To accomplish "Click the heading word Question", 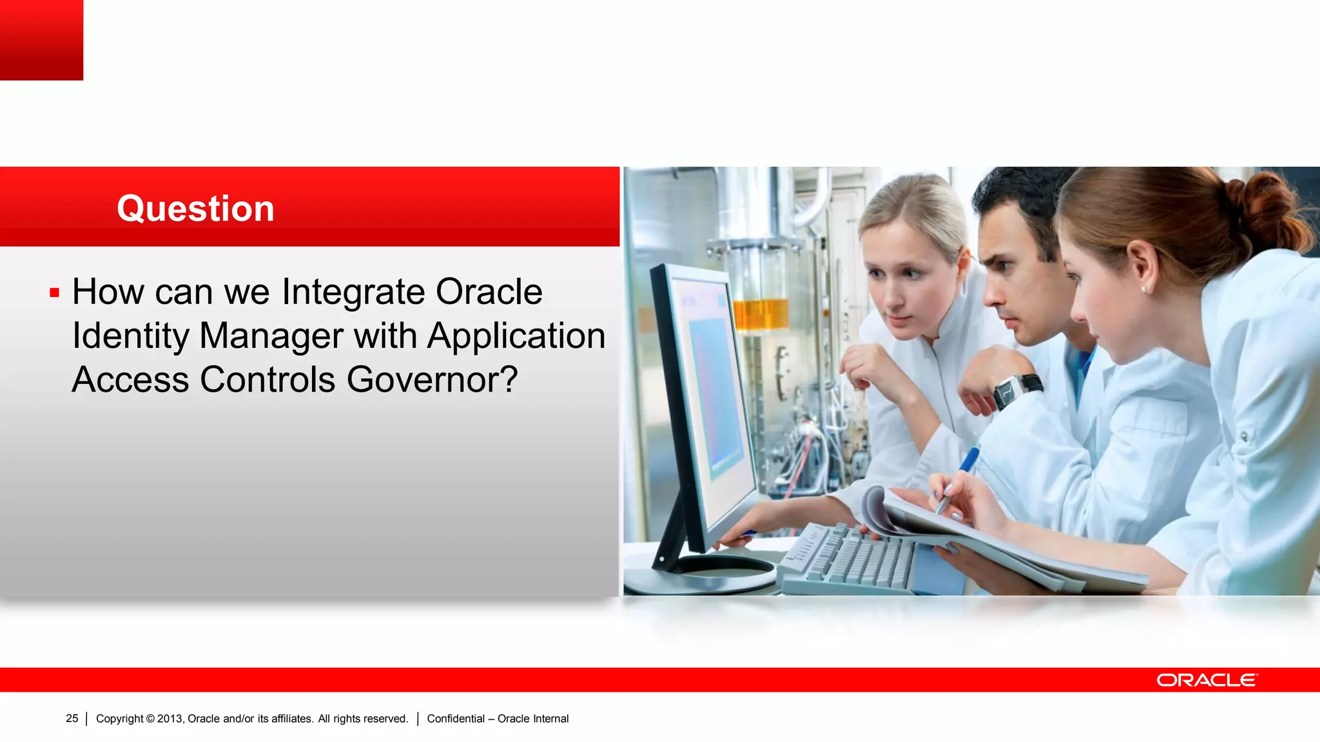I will coord(195,209).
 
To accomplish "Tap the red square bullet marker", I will coord(55,294).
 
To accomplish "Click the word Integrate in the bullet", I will coord(353,292).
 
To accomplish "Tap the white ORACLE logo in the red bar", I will coord(1206,680).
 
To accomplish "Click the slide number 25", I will coord(72,718).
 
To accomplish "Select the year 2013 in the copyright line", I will coord(170,719).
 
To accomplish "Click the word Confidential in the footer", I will coord(456,719).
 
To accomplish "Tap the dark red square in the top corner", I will coord(41,39).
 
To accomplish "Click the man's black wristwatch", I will coord(1016,390).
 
